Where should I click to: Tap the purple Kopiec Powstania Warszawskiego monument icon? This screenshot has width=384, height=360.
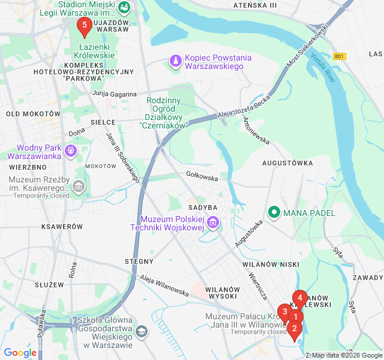tap(175, 61)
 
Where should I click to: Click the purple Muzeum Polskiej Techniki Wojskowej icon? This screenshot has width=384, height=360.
tap(212, 224)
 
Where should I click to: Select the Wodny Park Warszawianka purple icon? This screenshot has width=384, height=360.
tap(71, 149)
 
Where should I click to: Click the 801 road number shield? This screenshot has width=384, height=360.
tap(340, 56)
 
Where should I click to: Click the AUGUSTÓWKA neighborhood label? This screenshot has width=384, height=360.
tap(287, 163)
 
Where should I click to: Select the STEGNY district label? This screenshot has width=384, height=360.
tap(139, 262)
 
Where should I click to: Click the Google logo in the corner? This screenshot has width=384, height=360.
tap(20, 353)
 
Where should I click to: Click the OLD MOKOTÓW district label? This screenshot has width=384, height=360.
tap(33, 113)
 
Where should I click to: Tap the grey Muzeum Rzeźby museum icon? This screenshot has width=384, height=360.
tap(79, 188)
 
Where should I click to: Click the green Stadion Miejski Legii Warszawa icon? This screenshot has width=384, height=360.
tap(124, 7)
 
